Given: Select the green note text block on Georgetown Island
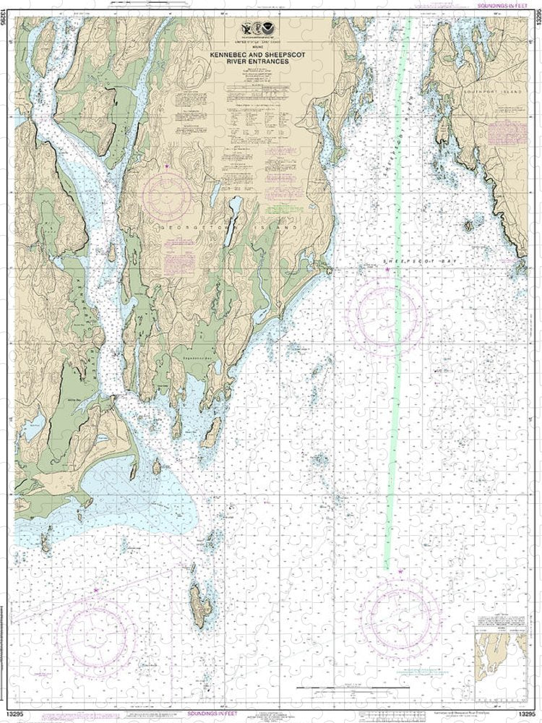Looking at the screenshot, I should tap(285, 208).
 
